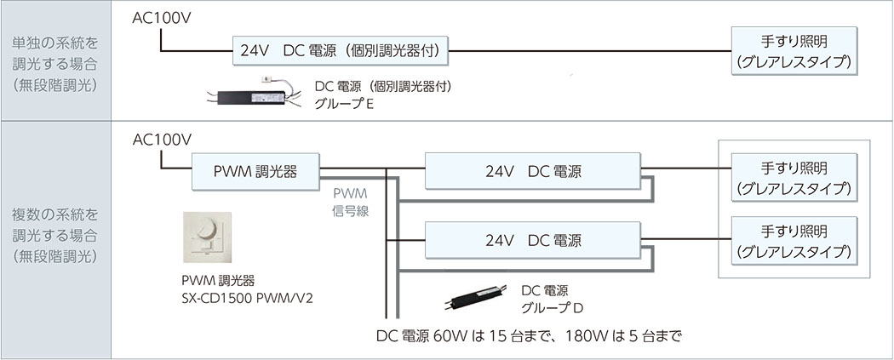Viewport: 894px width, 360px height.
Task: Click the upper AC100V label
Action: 163,18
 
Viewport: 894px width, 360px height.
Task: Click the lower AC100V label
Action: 163,140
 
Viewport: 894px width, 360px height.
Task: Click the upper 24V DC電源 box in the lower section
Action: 533,170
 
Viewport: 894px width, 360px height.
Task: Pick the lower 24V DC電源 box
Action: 533,240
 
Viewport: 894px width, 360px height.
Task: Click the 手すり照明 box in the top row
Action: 793,51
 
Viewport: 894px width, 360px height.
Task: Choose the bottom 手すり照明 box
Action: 793,240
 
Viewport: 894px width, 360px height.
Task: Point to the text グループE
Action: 344,105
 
